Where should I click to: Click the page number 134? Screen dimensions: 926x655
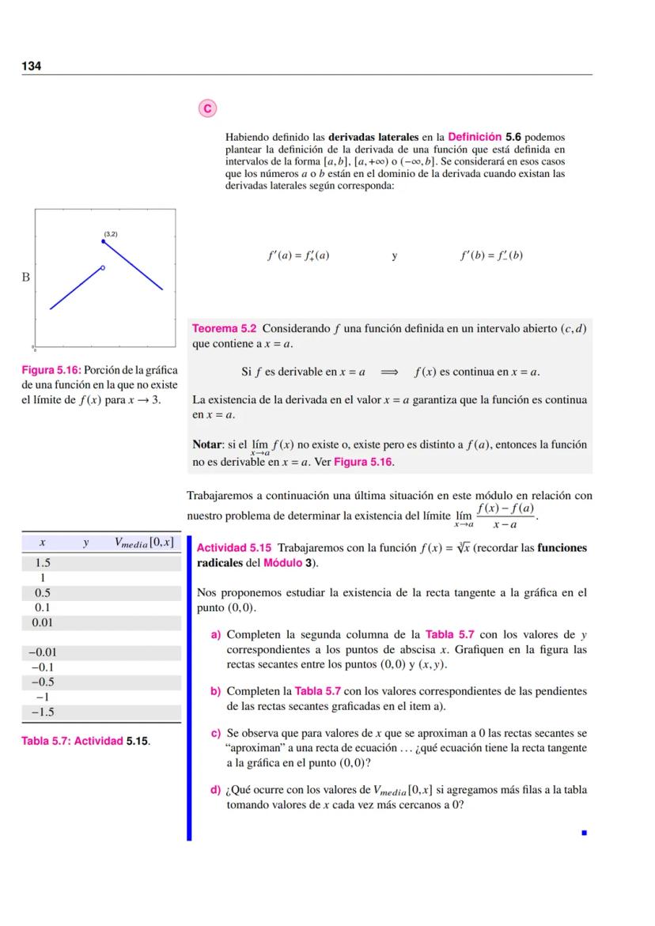click(31, 66)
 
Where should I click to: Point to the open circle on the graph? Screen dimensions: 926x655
click(102, 269)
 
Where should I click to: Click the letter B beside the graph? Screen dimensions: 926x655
click(25, 278)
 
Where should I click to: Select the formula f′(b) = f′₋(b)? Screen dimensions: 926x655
click(491, 255)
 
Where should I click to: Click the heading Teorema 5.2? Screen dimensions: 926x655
click(225, 328)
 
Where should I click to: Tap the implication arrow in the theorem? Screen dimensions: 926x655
click(389, 372)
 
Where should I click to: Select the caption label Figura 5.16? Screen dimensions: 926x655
click(51, 370)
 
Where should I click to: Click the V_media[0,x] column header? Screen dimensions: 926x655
click(143, 542)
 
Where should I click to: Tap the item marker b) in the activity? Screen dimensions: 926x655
click(214, 691)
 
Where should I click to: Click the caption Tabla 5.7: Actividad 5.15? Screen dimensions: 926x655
click(85, 742)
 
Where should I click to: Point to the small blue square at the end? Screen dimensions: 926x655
click(585, 832)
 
